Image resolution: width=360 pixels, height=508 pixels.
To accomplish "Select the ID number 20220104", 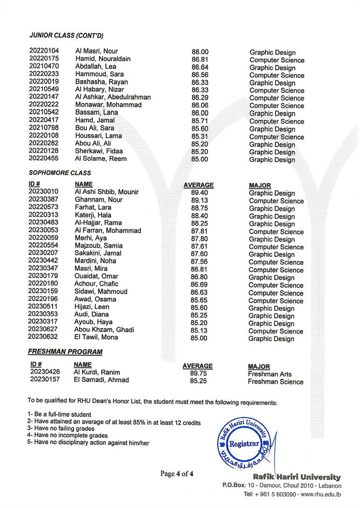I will click(x=44, y=51).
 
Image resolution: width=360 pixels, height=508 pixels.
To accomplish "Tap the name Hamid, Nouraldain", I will click(x=103, y=59).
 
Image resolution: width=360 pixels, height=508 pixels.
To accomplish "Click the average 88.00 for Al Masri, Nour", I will click(x=200, y=52).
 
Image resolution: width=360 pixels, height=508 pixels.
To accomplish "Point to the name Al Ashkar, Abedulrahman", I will click(x=113, y=97).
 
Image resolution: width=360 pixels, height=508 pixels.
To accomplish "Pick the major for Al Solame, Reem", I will click(x=272, y=160).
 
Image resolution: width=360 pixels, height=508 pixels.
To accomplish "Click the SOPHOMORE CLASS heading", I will click(x=60, y=173).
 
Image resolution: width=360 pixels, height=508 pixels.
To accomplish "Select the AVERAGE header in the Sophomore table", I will click(x=199, y=185).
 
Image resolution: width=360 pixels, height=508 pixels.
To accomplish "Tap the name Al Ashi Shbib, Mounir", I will click(x=106, y=192).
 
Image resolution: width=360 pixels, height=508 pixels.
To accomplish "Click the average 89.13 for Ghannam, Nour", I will click(x=200, y=200).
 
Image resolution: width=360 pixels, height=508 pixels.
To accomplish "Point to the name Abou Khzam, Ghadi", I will click(x=104, y=330).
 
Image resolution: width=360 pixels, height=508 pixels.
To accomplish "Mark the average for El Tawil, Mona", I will click(x=199, y=338).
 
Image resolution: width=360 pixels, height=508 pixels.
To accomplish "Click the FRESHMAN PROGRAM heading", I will click(x=65, y=351).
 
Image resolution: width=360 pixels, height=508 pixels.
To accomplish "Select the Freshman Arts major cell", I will click(x=270, y=374).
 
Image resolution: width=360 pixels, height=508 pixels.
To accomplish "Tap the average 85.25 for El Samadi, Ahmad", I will click(x=198, y=381).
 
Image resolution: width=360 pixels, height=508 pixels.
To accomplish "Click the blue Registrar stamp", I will click(x=243, y=444).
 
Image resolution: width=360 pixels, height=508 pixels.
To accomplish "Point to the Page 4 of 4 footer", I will click(x=177, y=474).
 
